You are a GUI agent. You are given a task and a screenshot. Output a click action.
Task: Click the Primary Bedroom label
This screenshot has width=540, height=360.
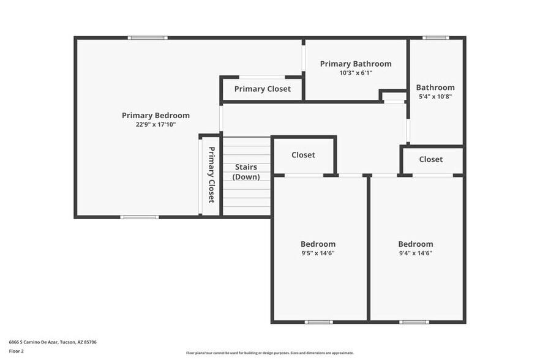pos(156,115)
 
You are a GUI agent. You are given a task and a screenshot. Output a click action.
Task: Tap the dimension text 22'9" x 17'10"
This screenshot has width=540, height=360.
pos(156,124)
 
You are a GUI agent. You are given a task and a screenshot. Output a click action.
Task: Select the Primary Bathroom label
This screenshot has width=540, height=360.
pos(356,64)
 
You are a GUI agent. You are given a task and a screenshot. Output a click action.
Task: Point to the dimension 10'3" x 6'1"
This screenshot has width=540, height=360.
pos(356,73)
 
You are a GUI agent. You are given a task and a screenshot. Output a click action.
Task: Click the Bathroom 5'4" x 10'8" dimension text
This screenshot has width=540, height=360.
pos(435,96)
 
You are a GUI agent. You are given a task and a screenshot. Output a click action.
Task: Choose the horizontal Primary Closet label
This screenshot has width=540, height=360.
pos(262,89)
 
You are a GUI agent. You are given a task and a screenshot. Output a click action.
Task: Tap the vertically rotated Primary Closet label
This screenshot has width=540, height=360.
pos(211,174)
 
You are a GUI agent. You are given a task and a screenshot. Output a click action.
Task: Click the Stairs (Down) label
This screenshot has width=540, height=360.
pos(246,172)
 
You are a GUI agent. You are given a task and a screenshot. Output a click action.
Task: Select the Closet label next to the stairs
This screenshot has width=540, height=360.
pos(303,155)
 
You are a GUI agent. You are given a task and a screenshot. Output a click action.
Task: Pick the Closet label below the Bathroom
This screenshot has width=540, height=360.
pos(431,159)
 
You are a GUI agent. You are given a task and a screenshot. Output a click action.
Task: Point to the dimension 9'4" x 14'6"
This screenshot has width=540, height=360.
pos(416,253)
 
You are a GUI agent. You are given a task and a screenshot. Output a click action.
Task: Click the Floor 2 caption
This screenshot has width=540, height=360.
pos(16,351)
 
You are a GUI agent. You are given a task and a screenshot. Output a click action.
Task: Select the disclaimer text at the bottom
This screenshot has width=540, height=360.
pos(270,353)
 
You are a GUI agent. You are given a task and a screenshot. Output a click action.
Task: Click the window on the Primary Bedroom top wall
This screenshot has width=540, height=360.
pos(148,38)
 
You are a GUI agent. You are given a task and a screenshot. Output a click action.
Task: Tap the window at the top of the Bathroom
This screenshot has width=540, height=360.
pos(435,38)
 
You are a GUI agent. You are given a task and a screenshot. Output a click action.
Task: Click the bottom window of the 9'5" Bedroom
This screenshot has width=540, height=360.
pos(319,322)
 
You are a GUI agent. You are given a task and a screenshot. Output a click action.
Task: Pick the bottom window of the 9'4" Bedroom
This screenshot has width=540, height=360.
pos(414,322)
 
